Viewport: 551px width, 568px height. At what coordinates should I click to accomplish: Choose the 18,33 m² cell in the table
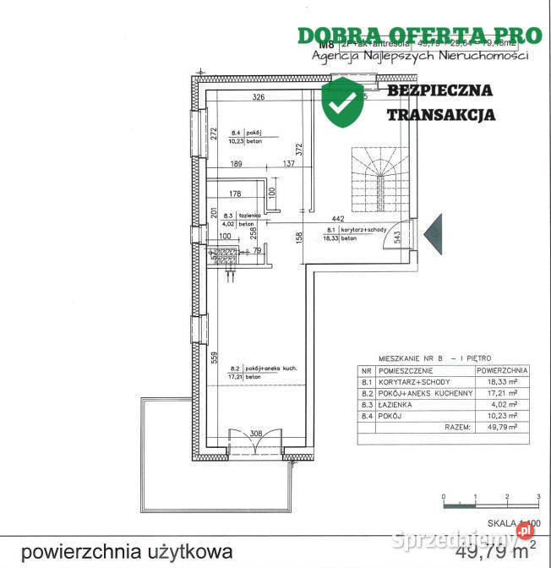pos(502,382)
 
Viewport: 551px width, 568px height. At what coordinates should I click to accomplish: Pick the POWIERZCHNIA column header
pos(502,370)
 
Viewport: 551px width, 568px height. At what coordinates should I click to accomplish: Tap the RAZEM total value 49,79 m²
pos(502,428)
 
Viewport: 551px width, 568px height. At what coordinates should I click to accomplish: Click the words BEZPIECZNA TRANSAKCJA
pos(441,102)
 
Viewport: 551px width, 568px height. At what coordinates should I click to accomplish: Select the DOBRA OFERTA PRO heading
pos(419,35)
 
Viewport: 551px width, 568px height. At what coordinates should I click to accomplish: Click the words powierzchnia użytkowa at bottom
pos(127,552)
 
